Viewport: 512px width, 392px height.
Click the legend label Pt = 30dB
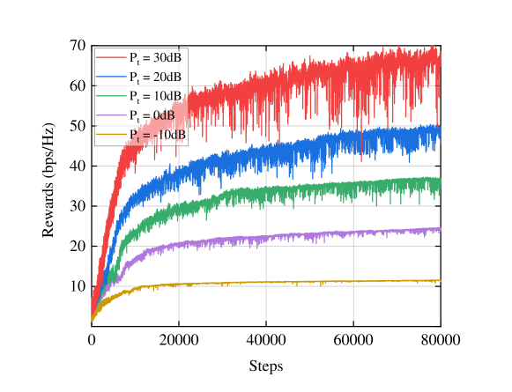point(156,57)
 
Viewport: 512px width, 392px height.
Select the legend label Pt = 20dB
point(156,77)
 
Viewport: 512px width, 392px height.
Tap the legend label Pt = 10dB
point(156,96)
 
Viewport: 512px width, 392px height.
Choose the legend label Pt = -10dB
point(158,135)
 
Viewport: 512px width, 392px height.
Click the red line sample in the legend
point(111,57)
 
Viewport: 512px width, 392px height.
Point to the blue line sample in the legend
point(111,77)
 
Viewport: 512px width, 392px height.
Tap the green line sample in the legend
point(111,96)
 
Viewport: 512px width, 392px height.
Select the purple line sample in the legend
point(111,115)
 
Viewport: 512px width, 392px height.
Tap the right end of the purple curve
point(439,229)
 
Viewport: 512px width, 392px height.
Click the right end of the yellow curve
point(439,281)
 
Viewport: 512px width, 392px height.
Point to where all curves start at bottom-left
point(92,319)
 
